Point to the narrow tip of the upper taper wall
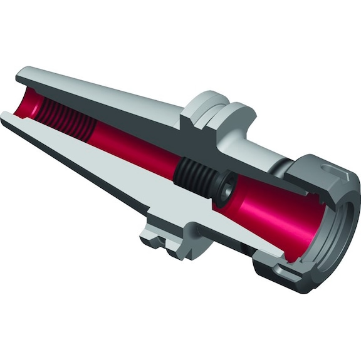tap(22, 71)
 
